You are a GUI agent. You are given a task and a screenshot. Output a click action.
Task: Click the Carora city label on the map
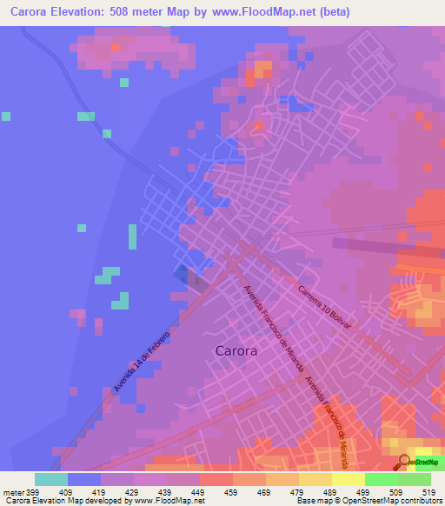click(x=235, y=351)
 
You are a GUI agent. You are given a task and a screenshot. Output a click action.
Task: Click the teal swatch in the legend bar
click(x=51, y=479)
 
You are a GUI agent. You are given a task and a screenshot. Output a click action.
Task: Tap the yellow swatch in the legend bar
click(x=348, y=479)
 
